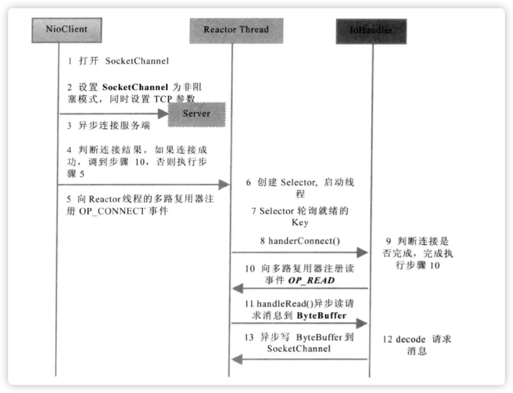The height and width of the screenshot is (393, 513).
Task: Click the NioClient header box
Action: [x=67, y=30]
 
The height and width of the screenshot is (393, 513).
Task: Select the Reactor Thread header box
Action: [x=236, y=30]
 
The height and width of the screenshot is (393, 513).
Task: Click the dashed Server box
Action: [x=197, y=114]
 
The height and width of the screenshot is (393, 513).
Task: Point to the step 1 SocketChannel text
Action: [x=137, y=61]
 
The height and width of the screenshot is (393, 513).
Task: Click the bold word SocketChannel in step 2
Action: [x=135, y=87]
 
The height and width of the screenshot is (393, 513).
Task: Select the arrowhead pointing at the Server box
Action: [x=162, y=114]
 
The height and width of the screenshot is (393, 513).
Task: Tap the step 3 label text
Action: [x=108, y=126]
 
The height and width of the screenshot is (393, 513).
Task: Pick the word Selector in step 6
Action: [x=298, y=183]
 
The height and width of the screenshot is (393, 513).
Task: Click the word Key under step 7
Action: [x=300, y=223]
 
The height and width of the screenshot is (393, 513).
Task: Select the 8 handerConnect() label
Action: [x=300, y=241]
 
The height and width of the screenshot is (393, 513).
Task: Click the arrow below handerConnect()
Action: [x=300, y=252]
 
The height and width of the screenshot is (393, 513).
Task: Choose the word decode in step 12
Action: [x=410, y=339]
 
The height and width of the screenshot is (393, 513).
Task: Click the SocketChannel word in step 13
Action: [x=298, y=348]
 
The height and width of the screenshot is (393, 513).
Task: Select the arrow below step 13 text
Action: [x=300, y=359]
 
